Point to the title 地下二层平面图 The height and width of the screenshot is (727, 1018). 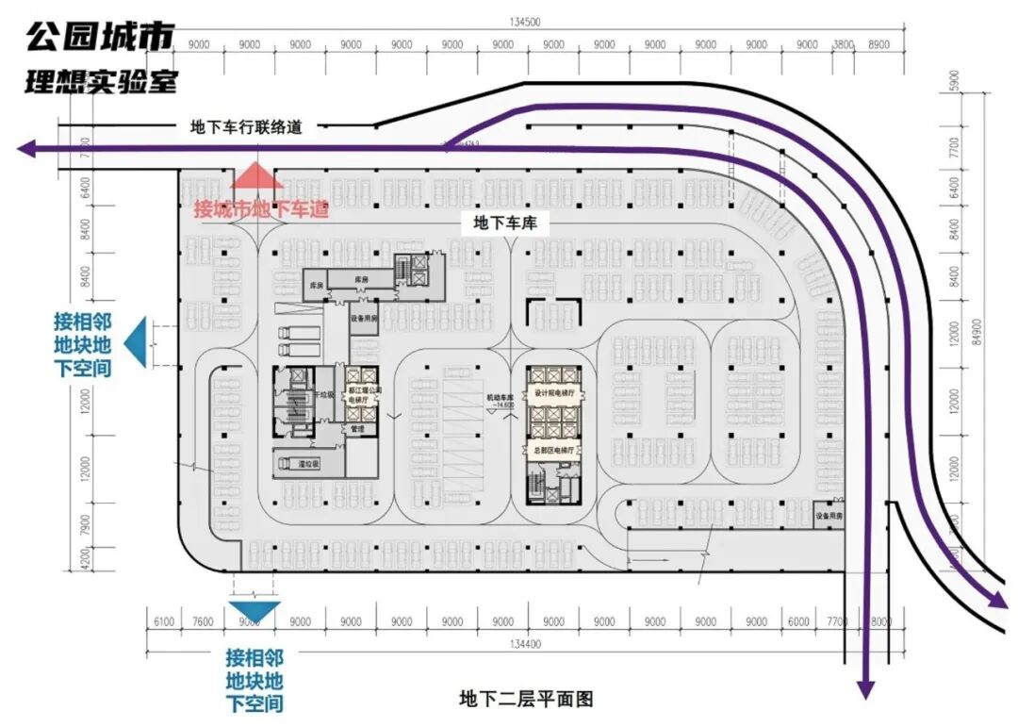[x=526, y=699]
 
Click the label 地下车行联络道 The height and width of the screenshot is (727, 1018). [x=246, y=126]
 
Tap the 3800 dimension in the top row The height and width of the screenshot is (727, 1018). [x=844, y=44]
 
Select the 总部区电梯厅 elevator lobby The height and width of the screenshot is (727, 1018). [x=554, y=450]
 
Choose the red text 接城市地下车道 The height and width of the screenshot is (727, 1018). [x=261, y=208]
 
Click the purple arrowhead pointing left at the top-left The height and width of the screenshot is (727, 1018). [x=26, y=148]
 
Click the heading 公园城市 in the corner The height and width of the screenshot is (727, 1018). [x=99, y=38]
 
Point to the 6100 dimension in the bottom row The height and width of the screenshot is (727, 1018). [x=163, y=621]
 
